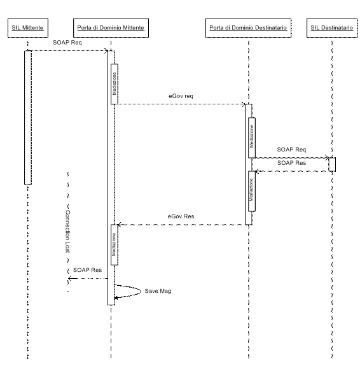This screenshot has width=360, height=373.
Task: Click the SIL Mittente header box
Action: [x=28, y=28]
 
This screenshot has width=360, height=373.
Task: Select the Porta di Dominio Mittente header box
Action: [x=111, y=28]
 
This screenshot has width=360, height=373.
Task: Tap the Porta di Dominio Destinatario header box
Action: [x=248, y=28]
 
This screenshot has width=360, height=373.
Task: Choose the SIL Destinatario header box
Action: [x=332, y=28]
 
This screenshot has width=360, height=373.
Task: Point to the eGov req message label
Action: [x=181, y=96]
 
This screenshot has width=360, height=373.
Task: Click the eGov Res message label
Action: [x=181, y=216]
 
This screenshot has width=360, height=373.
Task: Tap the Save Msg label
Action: [x=158, y=291]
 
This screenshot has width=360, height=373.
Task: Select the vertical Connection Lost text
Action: [x=68, y=232]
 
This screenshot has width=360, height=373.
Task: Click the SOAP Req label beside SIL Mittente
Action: [x=67, y=43]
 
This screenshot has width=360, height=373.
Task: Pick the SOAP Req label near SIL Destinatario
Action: [x=291, y=150]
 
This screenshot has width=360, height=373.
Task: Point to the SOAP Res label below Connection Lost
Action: [x=87, y=270]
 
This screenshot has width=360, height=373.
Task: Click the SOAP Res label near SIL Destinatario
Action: [x=291, y=163]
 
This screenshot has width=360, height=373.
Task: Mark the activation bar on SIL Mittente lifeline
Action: [x=28, y=117]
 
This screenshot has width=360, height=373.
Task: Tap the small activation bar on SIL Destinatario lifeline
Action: [x=332, y=164]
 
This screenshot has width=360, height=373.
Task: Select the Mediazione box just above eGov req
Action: [x=114, y=84]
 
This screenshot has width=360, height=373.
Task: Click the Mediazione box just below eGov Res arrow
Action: [x=114, y=244]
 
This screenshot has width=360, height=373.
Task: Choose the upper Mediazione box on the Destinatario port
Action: [x=252, y=137]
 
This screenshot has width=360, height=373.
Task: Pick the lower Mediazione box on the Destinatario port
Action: [x=252, y=191]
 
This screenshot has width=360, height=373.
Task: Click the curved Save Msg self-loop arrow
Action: [x=141, y=291]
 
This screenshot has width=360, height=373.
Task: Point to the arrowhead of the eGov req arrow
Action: [x=244, y=104]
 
